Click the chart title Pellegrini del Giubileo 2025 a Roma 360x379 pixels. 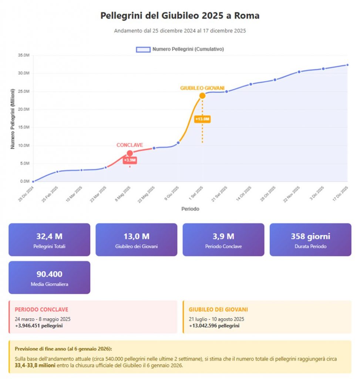pos(180,16)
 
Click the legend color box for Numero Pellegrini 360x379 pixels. pos(143,49)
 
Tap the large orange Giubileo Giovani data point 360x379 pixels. pos(202,95)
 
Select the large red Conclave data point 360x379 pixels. pos(130,153)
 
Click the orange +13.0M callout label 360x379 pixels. pos(202,119)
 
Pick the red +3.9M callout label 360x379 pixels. pos(130,160)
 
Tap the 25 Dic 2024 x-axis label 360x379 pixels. pos(26,194)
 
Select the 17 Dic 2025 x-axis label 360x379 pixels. pos(340,194)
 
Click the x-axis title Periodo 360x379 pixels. pos(190,209)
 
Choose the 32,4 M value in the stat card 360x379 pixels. pos(49,237)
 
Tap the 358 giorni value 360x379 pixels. pos(310,237)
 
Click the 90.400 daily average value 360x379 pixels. pos(49,274)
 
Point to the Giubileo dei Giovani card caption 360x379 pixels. pos(136,246)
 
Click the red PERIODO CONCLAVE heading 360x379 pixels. pos(41,309)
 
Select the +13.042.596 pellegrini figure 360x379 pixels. pos(214,326)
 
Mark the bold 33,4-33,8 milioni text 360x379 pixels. pos(35,365)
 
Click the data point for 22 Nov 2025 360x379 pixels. pos(299,72)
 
